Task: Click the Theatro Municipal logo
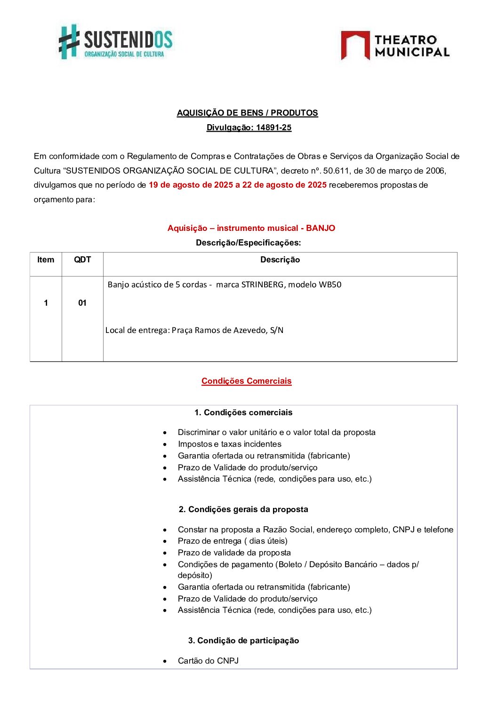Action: point(395,46)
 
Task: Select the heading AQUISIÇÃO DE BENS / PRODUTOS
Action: point(247,113)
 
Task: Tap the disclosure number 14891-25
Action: point(273,127)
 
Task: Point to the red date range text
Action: point(237,185)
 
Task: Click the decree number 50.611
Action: point(336,171)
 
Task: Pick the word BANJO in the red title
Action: point(321,228)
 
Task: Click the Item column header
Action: point(46,260)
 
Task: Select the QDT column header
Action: point(82,260)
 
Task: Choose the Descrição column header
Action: point(280,260)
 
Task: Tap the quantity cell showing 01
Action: point(82,303)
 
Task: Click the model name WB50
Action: point(330,285)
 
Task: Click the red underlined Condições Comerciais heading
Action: point(246,381)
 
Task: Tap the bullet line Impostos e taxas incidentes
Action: point(229,444)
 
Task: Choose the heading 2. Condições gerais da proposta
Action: point(243,509)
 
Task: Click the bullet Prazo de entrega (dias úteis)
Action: point(233,541)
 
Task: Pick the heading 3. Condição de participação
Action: point(243,641)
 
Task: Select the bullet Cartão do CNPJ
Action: point(208,661)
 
